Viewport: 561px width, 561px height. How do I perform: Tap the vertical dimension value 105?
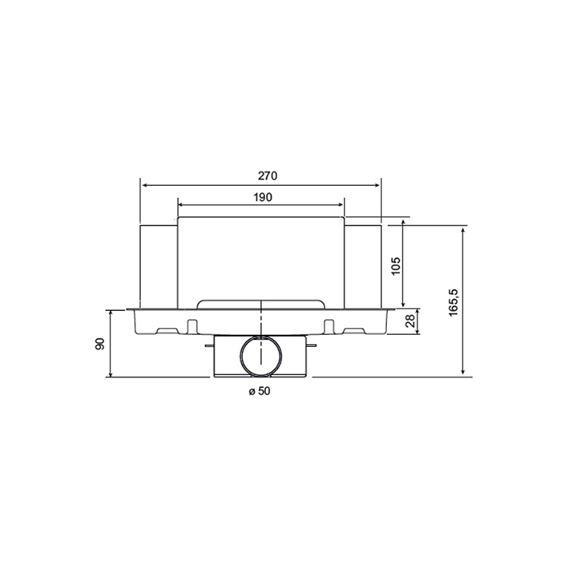point(395,264)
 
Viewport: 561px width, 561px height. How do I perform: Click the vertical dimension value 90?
point(100,344)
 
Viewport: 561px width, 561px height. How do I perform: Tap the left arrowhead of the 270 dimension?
point(144,184)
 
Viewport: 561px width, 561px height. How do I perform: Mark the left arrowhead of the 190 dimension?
point(180,204)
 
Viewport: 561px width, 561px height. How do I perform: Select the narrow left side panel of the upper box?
point(158,264)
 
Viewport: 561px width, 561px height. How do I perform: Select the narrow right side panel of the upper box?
point(362,264)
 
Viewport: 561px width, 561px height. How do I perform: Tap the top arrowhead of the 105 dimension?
point(403,228)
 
